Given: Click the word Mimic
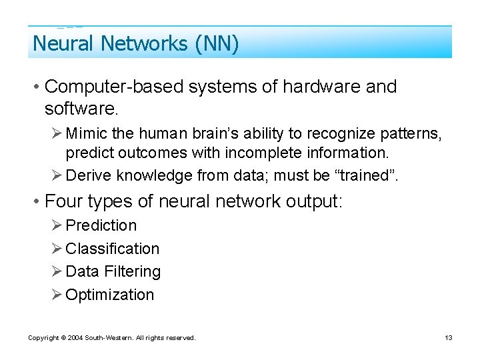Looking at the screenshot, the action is pos(83,134).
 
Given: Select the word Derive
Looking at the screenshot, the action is pos(89,175).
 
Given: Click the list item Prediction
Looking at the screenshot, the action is pos(101,225).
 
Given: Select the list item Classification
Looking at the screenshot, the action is pos(113,249).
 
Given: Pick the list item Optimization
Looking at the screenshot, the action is pos(109,295).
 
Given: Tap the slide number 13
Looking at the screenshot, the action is pos(448,338).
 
